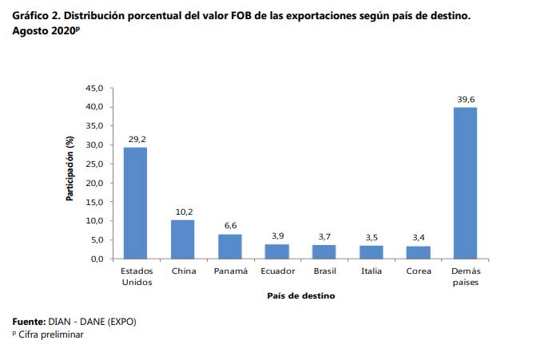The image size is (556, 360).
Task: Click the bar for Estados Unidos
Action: [135, 203]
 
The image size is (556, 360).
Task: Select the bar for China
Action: [182, 239]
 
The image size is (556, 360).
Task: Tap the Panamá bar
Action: [229, 246]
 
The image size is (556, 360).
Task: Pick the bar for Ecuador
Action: [277, 251]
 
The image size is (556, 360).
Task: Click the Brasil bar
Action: [324, 251]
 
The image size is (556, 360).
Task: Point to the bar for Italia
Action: [371, 251]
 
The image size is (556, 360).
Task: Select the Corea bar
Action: [419, 252]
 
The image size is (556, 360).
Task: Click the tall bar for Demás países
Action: [466, 183]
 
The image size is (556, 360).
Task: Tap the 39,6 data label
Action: [466, 99]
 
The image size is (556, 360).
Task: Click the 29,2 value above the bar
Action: [136, 139]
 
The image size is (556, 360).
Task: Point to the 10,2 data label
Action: [183, 212]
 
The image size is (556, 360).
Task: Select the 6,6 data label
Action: [230, 225]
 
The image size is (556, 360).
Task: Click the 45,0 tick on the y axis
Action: [95, 88]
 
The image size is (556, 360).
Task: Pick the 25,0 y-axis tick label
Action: [95, 164]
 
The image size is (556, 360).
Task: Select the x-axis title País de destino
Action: [300, 295]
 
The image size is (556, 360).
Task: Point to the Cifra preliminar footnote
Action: [50, 334]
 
